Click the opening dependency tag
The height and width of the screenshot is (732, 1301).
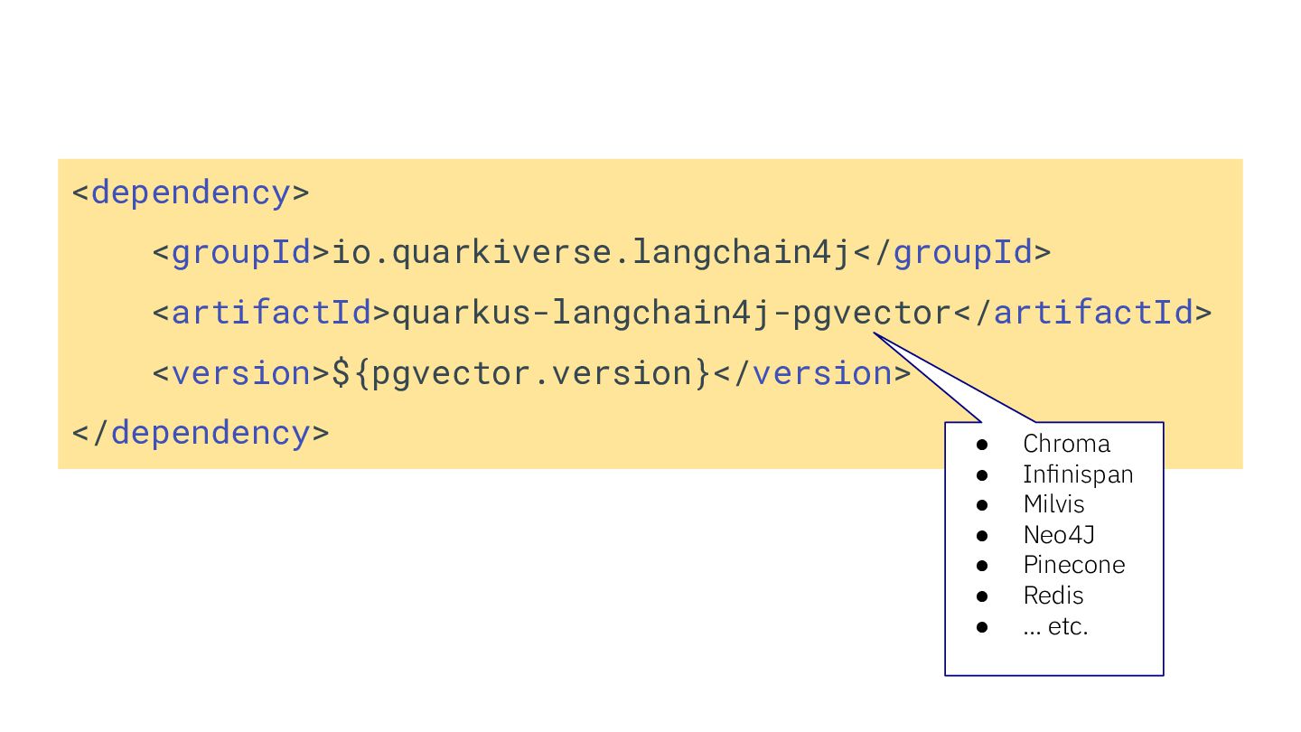pos(191,192)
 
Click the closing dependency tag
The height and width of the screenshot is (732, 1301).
pos(201,433)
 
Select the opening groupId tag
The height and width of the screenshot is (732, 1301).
pos(241,252)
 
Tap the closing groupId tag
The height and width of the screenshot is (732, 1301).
pos(952,252)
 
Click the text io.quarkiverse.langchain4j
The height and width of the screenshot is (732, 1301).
pos(593,252)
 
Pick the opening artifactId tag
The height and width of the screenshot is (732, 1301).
pos(262,313)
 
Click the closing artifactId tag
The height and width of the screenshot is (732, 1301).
pos(1083,313)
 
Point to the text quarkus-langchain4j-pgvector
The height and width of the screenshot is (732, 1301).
pos(671,313)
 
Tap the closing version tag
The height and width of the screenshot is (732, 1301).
pos(812,373)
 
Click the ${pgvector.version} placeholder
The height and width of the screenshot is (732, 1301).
pos(522,373)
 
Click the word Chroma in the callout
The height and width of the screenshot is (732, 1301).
pos(1066,444)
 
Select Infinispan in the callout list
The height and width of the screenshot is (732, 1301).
pos(1078,474)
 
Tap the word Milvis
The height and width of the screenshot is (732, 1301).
pos(1053,504)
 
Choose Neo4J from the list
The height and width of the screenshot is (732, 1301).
pos(1059,535)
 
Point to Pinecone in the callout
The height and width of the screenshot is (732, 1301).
pos(1074,565)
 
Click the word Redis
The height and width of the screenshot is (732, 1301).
pos(1053,596)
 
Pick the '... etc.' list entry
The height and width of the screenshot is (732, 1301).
pos(1055,626)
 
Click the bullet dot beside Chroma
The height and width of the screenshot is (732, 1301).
pos(983,445)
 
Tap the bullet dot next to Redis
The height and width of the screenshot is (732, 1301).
pos(983,596)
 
